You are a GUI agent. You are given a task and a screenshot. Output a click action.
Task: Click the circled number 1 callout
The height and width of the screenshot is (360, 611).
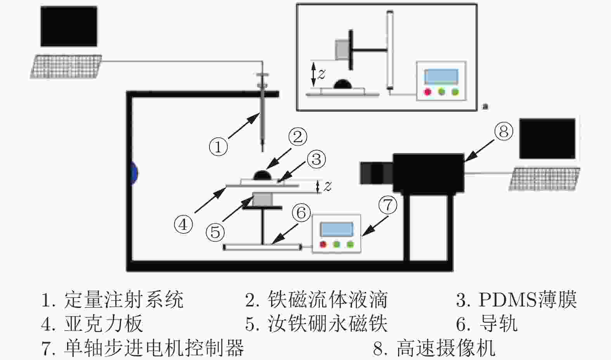pyautogui.click(x=218, y=147)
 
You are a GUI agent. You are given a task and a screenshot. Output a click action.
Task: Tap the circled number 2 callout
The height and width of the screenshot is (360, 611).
pyautogui.click(x=298, y=137)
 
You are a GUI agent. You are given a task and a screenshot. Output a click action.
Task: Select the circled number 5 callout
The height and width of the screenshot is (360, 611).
pyautogui.click(x=215, y=232)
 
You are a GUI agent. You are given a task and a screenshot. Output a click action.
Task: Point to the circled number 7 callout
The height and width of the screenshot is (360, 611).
pyautogui.click(x=389, y=205)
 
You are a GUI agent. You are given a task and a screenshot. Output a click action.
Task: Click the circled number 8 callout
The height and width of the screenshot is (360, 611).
pyautogui.click(x=504, y=131)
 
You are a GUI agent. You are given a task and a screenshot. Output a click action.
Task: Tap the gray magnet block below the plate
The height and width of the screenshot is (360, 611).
pyautogui.click(x=262, y=200)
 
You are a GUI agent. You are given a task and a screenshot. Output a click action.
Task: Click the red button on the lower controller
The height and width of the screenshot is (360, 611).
pyautogui.click(x=323, y=244)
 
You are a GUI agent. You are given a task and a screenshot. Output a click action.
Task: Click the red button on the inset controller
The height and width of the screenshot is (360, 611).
pyautogui.click(x=428, y=92)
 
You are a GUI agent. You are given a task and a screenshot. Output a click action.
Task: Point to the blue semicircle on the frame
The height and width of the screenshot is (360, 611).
pyautogui.click(x=135, y=173)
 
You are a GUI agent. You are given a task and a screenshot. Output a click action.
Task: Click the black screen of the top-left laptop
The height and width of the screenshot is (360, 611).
pyautogui.click(x=69, y=26)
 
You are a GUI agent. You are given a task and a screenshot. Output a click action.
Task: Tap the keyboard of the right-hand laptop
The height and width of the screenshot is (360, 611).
pyautogui.click(x=547, y=179)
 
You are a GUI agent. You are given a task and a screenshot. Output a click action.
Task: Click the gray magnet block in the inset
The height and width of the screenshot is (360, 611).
pyautogui.click(x=342, y=49)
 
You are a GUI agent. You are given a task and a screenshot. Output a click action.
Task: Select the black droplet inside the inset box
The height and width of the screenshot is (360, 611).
pyautogui.click(x=342, y=84)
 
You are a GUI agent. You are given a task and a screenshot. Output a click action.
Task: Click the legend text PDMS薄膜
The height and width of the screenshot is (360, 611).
pyautogui.click(x=528, y=300)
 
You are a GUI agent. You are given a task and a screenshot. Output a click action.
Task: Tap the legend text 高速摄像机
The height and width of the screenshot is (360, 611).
pyautogui.click(x=446, y=347)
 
